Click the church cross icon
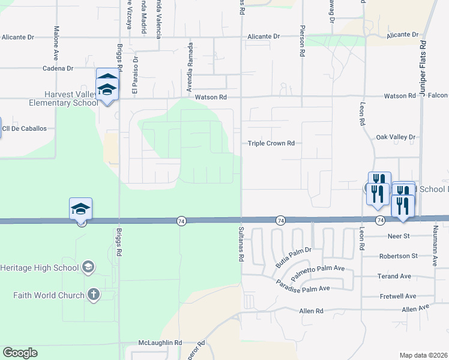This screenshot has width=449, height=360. [x=93, y=295]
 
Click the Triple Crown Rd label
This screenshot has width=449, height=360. [x=271, y=143]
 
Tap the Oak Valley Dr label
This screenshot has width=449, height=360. [x=395, y=137]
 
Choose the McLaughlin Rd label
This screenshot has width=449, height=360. [x=159, y=343]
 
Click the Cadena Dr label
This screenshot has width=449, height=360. [x=58, y=68]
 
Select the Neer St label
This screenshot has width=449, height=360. [x=399, y=236]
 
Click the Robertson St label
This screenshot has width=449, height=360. [x=398, y=256]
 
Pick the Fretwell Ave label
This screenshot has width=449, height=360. [x=398, y=296]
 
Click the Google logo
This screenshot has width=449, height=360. [x=20, y=353]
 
